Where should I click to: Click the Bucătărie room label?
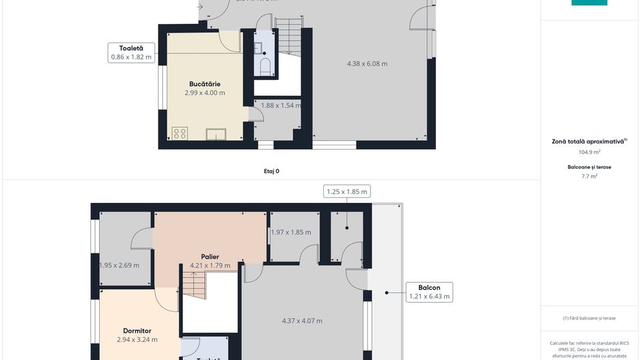pyautogui.click(x=204, y=84)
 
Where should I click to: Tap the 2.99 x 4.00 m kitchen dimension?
pyautogui.click(x=204, y=93)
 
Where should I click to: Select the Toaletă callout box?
pyautogui.click(x=131, y=53)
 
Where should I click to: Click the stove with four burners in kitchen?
pyautogui.click(x=180, y=133)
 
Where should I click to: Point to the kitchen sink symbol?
pyautogui.click(x=217, y=134)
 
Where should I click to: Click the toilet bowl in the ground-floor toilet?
pyautogui.click(x=265, y=66)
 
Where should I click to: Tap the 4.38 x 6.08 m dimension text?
pyautogui.click(x=367, y=64)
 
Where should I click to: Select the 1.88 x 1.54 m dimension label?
pyautogui.click(x=280, y=105)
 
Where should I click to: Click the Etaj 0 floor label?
pyautogui.click(x=271, y=171)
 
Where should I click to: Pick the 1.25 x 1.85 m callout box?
pyautogui.click(x=346, y=191)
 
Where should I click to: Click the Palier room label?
pyautogui.click(x=210, y=257)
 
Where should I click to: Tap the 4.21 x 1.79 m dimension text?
pyautogui.click(x=210, y=266)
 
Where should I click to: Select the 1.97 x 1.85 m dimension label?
pyautogui.click(x=290, y=232)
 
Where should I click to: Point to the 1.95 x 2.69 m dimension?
pyautogui.click(x=120, y=266)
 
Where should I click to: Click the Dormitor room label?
pyautogui.click(x=137, y=331)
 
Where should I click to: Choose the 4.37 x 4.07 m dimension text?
pyautogui.click(x=302, y=320)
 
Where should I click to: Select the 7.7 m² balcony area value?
pyautogui.click(x=589, y=176)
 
